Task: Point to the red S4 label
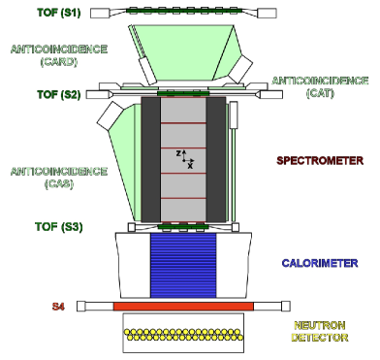click(57, 307)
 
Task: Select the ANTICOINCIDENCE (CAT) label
click(318, 86)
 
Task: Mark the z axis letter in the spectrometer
click(178, 152)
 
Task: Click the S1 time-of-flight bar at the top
click(182, 13)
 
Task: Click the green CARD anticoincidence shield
click(179, 53)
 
